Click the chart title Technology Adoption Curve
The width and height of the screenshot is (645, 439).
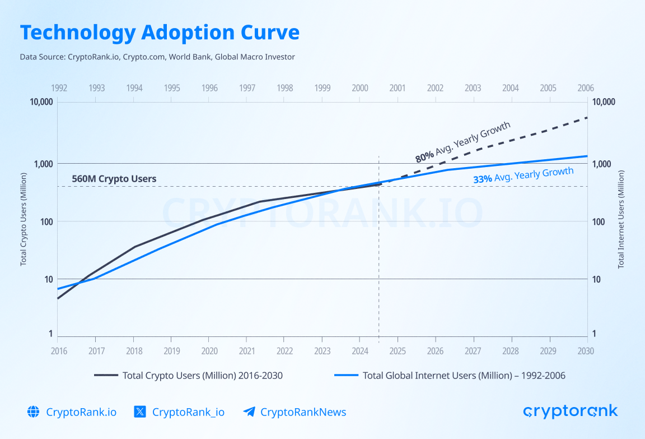160,33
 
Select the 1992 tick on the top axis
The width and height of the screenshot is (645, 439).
59,88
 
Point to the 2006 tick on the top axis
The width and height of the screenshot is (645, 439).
585,88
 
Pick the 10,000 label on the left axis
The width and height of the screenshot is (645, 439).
41,102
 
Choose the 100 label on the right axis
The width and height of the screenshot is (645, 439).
599,221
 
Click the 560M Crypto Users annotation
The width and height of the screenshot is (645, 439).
114,179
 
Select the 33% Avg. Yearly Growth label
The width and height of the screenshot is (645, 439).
523,175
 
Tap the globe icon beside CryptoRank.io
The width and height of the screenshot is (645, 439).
34,412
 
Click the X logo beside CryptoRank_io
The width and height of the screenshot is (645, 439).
140,412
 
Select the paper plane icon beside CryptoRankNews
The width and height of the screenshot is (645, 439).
249,412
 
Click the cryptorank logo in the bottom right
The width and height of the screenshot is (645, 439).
570,412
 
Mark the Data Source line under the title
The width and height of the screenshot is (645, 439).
157,57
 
